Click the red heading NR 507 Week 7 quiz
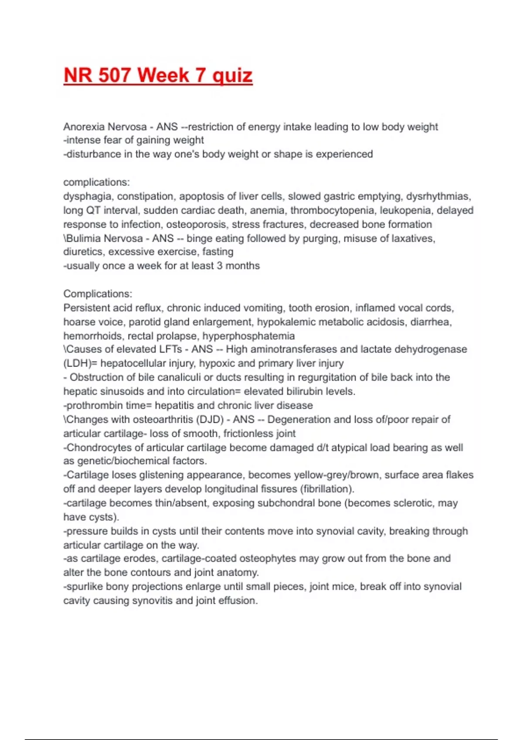[x=158, y=76]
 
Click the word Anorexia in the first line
[x=83, y=127]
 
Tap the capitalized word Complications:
[x=98, y=294]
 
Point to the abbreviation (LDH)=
[x=80, y=363]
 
